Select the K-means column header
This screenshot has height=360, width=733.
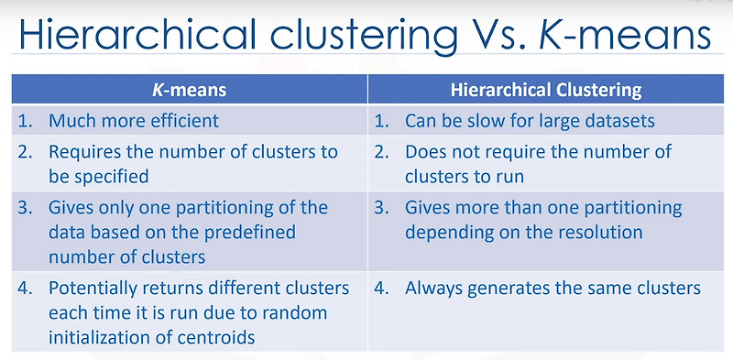click(190, 90)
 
